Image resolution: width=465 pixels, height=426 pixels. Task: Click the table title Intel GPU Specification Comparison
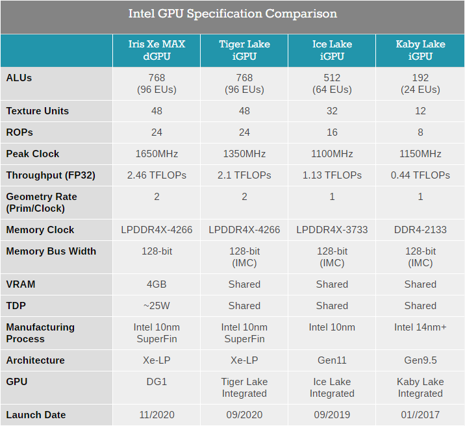tap(232, 14)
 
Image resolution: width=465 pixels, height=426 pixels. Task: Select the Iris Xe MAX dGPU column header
tap(157, 50)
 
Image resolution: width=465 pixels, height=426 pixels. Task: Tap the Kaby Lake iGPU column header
tap(420, 50)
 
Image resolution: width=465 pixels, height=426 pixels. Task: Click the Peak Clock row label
tap(32, 154)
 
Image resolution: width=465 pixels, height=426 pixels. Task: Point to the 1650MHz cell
tap(157, 154)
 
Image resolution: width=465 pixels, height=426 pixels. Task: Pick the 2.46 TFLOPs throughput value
tap(157, 175)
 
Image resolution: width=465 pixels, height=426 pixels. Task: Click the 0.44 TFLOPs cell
tap(420, 175)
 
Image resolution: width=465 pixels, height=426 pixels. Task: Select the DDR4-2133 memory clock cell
tap(420, 230)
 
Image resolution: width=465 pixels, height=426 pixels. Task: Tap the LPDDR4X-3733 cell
tap(332, 230)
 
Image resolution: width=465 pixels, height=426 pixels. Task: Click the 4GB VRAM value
tap(157, 284)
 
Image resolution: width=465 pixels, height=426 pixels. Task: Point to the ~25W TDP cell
tap(157, 306)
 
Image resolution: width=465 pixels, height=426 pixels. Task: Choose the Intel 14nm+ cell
tap(420, 327)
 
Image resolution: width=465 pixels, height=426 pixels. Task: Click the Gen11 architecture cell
tap(332, 360)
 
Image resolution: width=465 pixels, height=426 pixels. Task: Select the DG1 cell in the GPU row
tap(157, 382)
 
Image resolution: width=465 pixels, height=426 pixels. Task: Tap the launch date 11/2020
tap(157, 415)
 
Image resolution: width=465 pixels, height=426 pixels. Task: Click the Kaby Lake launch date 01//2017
tap(420, 415)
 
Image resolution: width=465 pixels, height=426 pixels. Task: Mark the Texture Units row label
tap(38, 111)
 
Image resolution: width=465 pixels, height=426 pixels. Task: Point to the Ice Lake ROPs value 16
tap(332, 132)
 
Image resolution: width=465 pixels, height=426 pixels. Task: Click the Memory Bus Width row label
tap(51, 251)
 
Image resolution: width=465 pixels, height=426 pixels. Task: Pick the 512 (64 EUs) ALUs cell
tap(332, 84)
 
